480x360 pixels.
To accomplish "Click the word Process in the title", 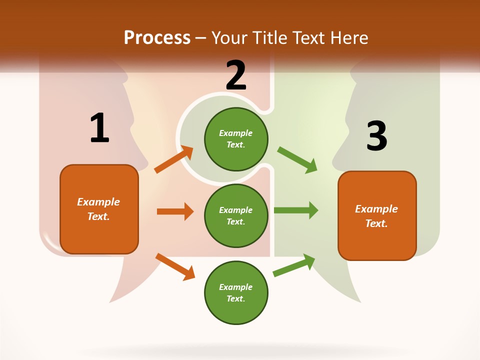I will coord(157,37).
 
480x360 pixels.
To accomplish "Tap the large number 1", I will coord(99,128).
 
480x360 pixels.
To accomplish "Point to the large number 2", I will coord(236,75).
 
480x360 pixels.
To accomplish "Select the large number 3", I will coord(376,136).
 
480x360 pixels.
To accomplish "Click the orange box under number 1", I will coord(99,209).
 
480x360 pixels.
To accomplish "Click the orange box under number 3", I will coord(377,215).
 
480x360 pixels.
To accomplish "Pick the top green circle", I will coord(236,139).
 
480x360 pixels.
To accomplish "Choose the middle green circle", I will coord(236,215).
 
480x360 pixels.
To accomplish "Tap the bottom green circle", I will coord(236,292).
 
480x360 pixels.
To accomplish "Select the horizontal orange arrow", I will coord(175,211).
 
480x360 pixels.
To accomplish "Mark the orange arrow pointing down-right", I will coord(175,266).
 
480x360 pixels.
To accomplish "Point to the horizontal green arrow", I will coord(296,210).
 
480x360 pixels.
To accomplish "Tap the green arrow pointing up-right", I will coord(294,265).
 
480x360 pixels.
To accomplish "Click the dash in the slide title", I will coord(201,38).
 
